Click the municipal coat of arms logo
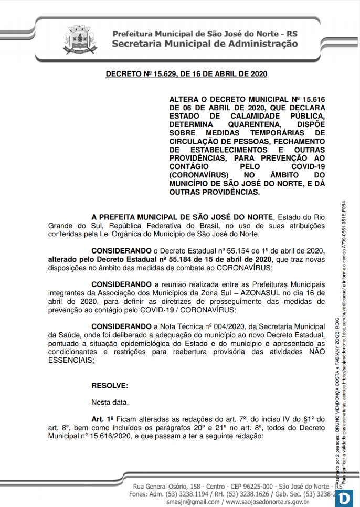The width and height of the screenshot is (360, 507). (x=81, y=39)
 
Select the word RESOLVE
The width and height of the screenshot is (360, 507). (x=109, y=386)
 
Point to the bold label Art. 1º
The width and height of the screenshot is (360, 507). (x=103, y=419)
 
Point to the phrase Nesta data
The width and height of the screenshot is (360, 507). (x=110, y=403)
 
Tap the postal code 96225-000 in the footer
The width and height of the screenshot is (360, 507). (x=246, y=485)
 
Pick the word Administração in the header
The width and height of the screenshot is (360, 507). (x=260, y=44)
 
